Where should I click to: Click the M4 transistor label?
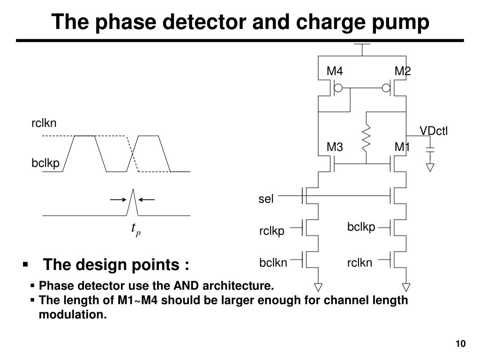(x=335, y=71)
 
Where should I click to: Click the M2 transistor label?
(x=402, y=71)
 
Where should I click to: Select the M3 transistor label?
(x=335, y=148)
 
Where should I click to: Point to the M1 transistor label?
(x=402, y=148)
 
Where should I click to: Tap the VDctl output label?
(x=434, y=131)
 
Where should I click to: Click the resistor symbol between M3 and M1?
(x=366, y=138)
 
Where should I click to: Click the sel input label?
(x=265, y=199)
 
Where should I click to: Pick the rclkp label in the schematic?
(x=272, y=232)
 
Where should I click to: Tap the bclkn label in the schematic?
(x=273, y=263)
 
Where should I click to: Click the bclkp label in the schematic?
(x=361, y=227)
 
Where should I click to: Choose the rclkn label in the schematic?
(x=360, y=263)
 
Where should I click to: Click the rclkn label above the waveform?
(x=44, y=123)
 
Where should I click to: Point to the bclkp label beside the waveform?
(x=45, y=163)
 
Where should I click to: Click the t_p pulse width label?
(x=135, y=229)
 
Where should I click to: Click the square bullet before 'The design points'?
(x=26, y=265)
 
